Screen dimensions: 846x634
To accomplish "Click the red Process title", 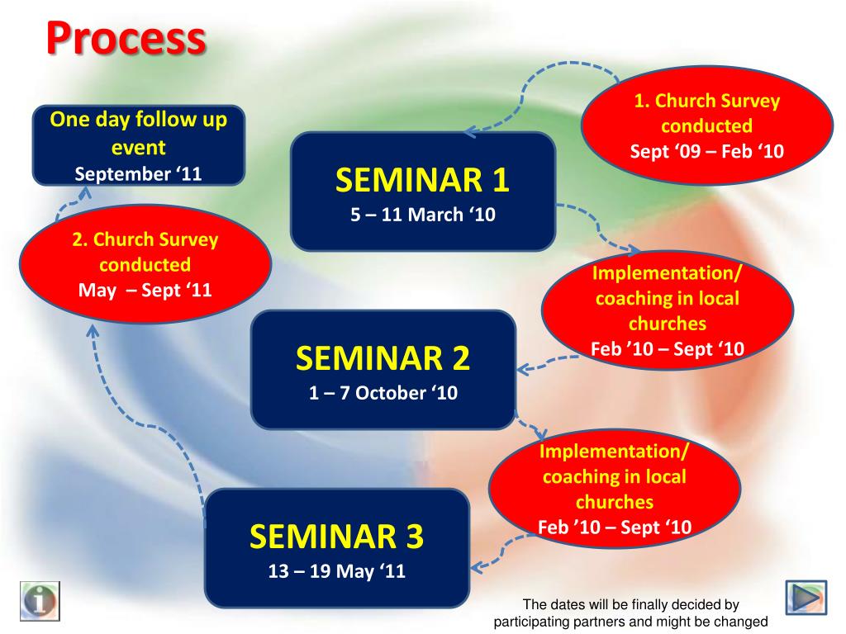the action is tap(126, 38).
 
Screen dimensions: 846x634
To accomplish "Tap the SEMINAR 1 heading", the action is tap(422, 179).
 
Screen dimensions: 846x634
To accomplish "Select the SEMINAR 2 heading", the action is tap(383, 358).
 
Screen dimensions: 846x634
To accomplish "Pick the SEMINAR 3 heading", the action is tap(337, 536).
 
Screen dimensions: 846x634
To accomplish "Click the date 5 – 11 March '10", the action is tap(423, 215).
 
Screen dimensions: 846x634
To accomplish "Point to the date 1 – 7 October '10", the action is tap(383, 393).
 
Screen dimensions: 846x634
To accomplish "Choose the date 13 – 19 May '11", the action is tap(337, 571).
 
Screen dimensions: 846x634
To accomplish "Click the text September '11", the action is tap(138, 174).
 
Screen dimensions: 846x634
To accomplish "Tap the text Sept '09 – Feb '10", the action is tap(707, 151).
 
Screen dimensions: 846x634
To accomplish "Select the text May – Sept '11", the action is tap(145, 290).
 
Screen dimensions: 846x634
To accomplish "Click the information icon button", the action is tap(40, 601).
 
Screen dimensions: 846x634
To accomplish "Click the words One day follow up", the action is tap(139, 119).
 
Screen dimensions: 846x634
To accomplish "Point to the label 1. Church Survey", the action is tap(707, 101).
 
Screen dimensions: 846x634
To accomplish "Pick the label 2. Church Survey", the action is tap(145, 239).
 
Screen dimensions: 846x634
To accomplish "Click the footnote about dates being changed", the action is tap(630, 613).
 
